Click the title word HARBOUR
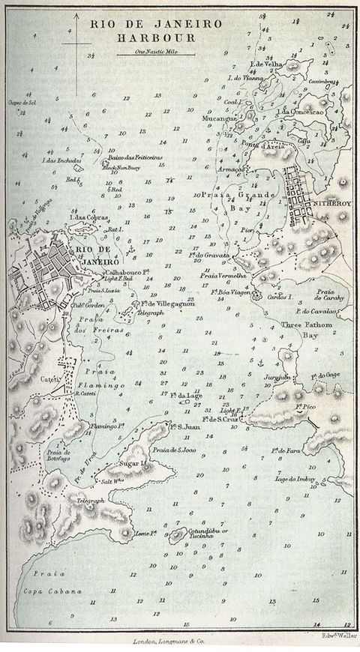(x=157, y=37)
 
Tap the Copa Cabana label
(x=56, y=591)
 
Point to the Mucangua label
(x=220, y=118)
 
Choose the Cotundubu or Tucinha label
(x=207, y=537)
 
